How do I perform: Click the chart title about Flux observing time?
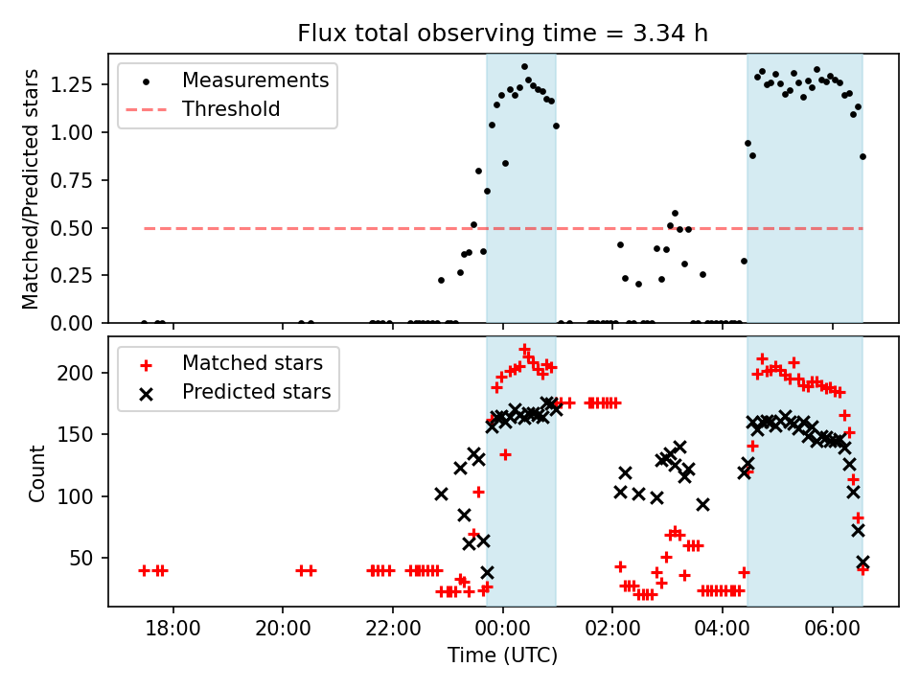point(502,34)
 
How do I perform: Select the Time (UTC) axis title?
point(502,656)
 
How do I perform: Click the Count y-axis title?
point(37,472)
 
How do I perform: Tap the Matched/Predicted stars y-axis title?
point(31,189)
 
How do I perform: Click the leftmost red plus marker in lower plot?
point(144,570)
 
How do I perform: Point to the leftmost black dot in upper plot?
point(144,323)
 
